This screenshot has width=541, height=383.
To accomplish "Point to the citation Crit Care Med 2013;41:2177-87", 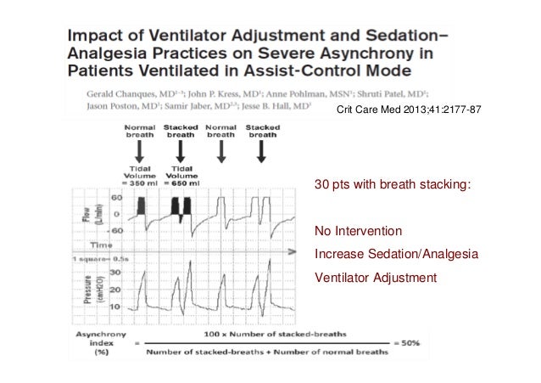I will [398, 111].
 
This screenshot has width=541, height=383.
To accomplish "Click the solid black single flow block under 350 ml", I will [134, 206].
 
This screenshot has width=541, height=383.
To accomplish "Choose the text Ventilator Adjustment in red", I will [375, 277].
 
